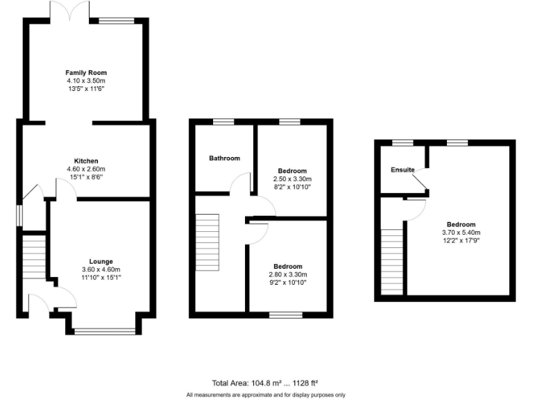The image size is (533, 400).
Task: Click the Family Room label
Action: tap(86, 73)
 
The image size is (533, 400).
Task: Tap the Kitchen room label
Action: tap(86, 160)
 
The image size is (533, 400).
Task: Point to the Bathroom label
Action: tap(224, 158)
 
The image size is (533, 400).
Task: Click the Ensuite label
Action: tap(403, 169)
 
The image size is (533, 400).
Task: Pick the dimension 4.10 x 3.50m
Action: tap(86, 81)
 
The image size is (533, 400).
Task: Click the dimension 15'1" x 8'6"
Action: tap(86, 176)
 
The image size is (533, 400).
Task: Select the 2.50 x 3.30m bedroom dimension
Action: tap(292, 178)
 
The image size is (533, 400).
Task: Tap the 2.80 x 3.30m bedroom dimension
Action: tap(287, 274)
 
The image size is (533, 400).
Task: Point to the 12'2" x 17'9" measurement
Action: tap(461, 240)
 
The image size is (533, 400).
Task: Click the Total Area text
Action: tap(264, 383)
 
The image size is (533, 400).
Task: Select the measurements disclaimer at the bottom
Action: tap(266, 394)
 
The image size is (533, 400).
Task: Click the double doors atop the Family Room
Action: tap(69, 11)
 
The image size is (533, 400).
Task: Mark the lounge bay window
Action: tap(105, 331)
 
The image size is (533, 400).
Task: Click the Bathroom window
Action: tap(223, 122)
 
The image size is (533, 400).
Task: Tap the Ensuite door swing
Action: tap(418, 182)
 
